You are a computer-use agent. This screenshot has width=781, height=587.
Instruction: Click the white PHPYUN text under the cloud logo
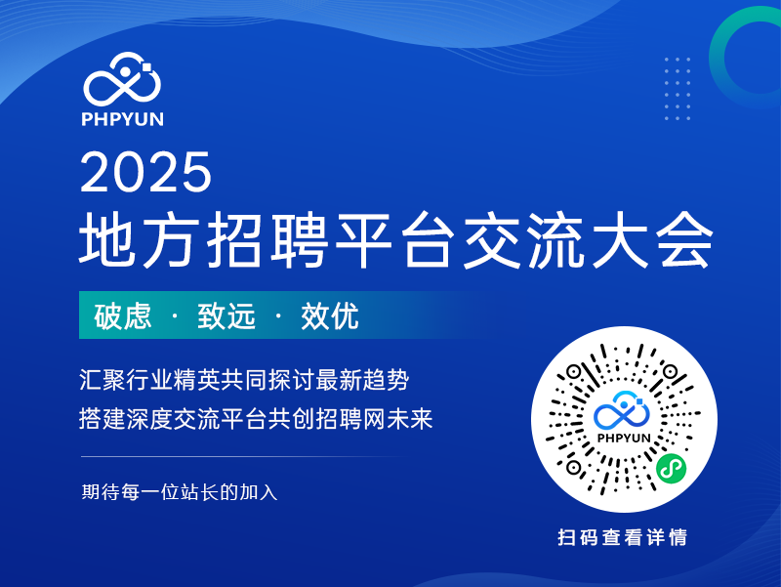[x=123, y=119]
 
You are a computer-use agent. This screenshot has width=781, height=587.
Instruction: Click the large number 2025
[x=145, y=172]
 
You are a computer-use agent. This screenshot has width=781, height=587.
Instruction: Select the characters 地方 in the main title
[x=137, y=239]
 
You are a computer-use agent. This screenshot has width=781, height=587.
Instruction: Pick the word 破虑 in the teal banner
[x=123, y=315]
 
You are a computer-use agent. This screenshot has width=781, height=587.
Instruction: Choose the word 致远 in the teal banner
[x=226, y=315]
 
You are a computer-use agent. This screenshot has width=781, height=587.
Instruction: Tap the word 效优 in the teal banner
[x=330, y=315]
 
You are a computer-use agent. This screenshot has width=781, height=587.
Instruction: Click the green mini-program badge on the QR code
[x=671, y=469]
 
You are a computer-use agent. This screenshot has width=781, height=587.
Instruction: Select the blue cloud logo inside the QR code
[x=622, y=410]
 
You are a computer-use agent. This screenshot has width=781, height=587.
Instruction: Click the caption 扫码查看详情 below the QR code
[x=623, y=537]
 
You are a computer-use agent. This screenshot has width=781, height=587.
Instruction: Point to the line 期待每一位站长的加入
[x=180, y=492]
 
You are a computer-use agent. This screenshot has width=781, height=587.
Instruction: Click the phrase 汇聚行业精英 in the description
[x=149, y=380]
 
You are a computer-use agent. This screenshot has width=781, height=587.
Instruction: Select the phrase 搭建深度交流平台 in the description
[x=173, y=419]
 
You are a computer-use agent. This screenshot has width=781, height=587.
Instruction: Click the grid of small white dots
[x=678, y=89]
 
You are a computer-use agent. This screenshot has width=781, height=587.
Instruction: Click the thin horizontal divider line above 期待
[x=244, y=456]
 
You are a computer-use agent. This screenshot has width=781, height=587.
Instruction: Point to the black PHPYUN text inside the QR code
[x=624, y=438]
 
